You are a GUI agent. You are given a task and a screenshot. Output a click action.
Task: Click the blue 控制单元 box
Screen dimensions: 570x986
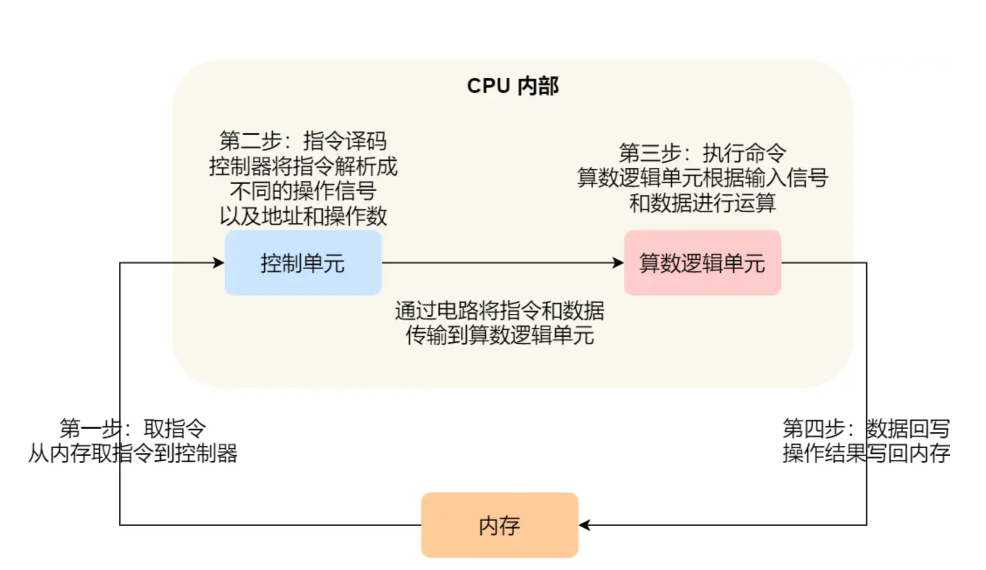point(303,263)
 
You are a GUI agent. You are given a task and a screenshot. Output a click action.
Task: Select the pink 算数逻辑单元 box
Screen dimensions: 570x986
point(702,263)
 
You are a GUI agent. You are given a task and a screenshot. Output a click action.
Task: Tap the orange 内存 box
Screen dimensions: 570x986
point(500,525)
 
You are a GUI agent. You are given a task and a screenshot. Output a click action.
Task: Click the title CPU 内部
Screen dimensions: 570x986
point(513,86)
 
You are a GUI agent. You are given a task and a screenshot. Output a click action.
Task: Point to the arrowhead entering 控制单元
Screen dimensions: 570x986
point(219,263)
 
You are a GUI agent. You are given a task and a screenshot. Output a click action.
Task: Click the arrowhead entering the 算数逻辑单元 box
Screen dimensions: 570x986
point(618,263)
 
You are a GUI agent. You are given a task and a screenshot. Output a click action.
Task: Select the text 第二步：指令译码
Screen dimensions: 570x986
point(303,141)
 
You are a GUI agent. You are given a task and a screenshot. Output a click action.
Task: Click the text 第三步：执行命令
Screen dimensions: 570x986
point(702,153)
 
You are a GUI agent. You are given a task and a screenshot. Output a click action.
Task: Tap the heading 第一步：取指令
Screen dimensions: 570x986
point(133,428)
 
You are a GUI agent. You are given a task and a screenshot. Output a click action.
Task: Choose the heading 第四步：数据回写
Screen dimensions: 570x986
point(866,428)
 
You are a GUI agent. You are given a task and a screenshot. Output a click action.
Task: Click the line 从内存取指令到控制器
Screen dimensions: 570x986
point(133,453)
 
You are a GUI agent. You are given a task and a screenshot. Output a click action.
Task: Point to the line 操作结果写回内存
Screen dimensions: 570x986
point(866,453)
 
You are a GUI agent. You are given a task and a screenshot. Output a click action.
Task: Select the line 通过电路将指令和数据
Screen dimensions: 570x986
point(500,311)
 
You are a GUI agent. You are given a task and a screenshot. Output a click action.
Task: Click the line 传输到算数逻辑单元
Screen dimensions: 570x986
point(500,336)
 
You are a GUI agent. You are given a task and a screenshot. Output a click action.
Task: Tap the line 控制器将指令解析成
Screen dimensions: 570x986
point(303,166)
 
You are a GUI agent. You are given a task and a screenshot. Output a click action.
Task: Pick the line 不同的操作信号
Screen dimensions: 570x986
point(303,191)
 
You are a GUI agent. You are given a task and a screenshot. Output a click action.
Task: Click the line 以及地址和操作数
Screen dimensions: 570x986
point(303,216)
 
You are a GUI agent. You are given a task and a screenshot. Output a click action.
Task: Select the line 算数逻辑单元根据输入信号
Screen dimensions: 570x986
point(702,178)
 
